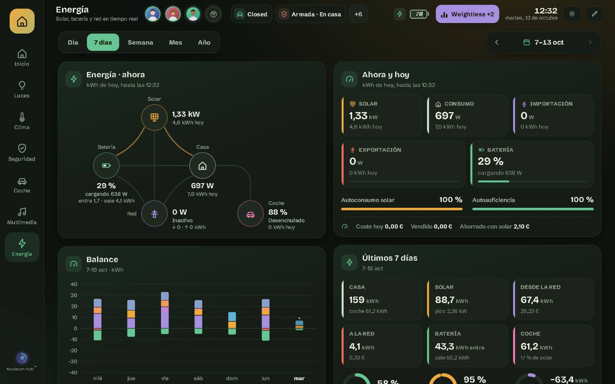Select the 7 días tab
103,42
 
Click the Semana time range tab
140,42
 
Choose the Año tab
204,42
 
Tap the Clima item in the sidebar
22,121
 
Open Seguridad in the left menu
22,152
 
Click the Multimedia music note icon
22,212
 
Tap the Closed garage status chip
252,14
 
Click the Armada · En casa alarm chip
311,14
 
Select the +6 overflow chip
358,14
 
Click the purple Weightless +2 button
467,14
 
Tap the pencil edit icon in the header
594,14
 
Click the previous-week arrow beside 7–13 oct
497,42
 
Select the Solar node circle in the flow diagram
154,118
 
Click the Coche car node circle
250,214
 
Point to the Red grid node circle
154,214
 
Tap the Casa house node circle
202,166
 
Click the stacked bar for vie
165,313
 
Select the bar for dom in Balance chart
232,323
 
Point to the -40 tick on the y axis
73,372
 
